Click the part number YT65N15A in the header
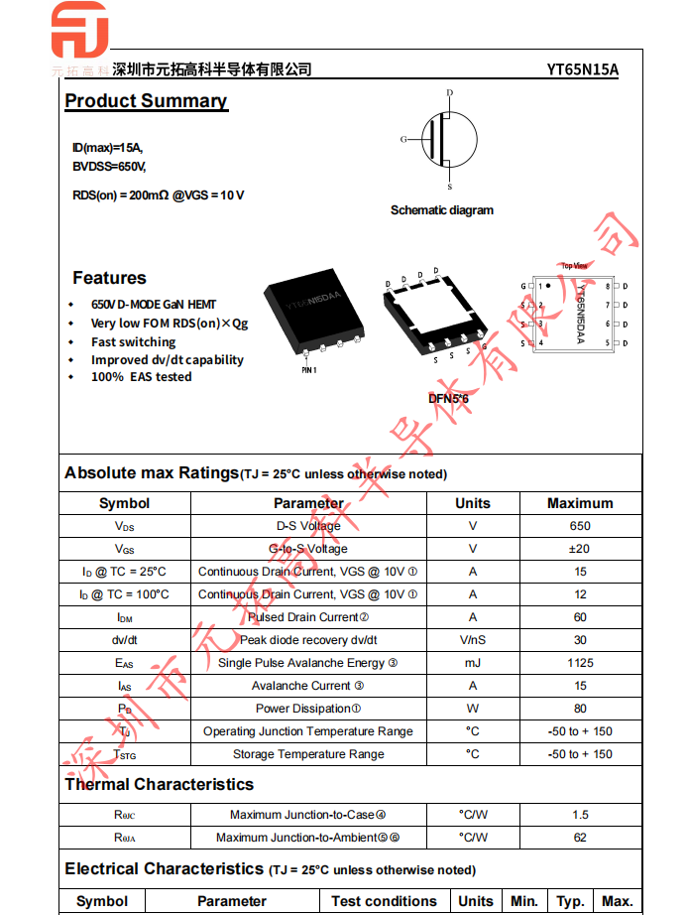[x=582, y=69]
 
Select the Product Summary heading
[x=146, y=101]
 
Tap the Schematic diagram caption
[x=441, y=210]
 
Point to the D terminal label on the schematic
[x=449, y=93]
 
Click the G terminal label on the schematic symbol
[x=403, y=140]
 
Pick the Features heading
[x=109, y=278]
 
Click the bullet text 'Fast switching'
[x=133, y=341]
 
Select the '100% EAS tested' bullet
[x=141, y=377]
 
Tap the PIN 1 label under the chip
[x=308, y=370]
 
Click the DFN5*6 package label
[x=448, y=399]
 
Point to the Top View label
[x=574, y=266]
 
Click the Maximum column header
[x=580, y=503]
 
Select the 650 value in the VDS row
[x=580, y=526]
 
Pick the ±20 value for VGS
[x=580, y=549]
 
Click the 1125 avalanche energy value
[x=580, y=663]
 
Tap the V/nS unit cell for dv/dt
[x=473, y=640]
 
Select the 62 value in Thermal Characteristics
[x=580, y=838]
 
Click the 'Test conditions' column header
[x=384, y=901]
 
